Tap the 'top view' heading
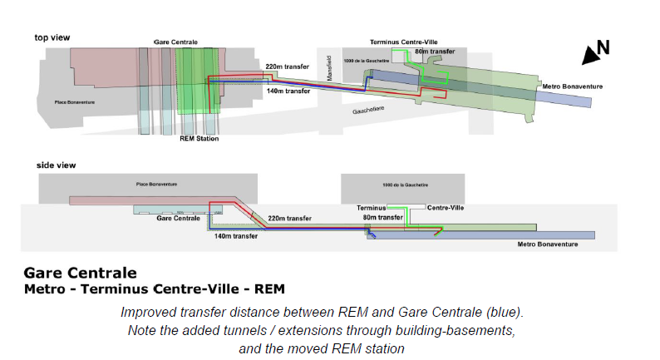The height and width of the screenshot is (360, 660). coord(52,37)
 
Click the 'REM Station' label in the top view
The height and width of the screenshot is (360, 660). coord(199,139)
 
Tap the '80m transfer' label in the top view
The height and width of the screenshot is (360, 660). coord(435,52)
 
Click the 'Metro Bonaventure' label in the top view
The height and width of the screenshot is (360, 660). coord(572,86)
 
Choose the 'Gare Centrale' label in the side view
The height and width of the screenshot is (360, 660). coord(176,217)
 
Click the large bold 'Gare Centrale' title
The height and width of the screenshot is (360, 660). coord(80,273)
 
